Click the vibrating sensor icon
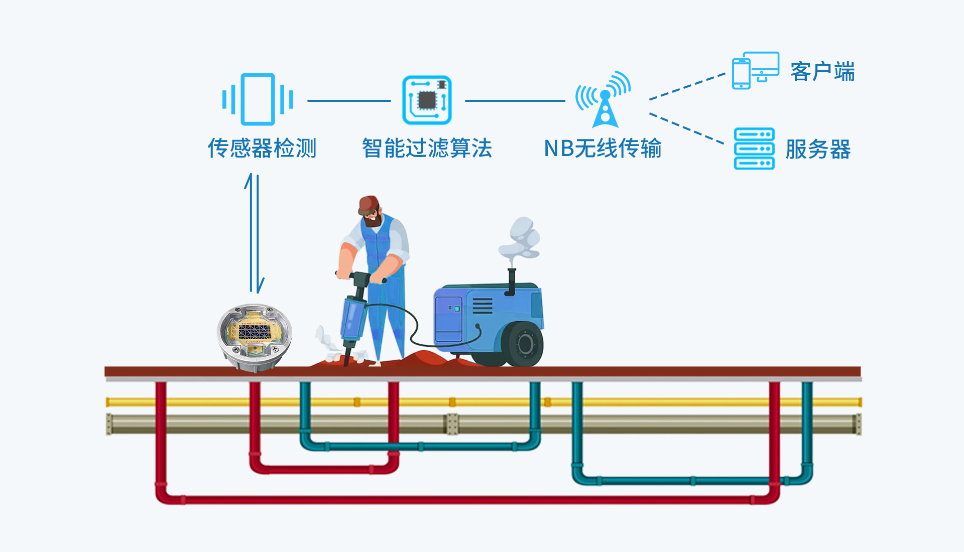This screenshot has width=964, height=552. click(x=258, y=99)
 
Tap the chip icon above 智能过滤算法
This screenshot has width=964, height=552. click(x=427, y=100)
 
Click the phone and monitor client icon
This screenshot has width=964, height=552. click(x=755, y=70)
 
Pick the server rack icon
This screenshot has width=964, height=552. click(x=754, y=149)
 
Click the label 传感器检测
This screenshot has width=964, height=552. click(x=262, y=148)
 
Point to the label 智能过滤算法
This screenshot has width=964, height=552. click(x=427, y=148)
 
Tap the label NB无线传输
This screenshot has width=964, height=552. click(x=602, y=148)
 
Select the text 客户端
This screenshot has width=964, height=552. click(x=822, y=72)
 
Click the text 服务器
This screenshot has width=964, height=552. click(x=818, y=150)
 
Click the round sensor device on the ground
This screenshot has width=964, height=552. click(x=255, y=336)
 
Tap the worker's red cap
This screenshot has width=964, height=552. click(x=369, y=203)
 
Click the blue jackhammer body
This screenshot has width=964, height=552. click(x=353, y=316)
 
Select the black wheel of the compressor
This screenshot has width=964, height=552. click(x=525, y=344)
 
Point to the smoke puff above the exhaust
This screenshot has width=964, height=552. click(x=521, y=238)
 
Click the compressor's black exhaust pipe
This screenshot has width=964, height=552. click(x=512, y=281)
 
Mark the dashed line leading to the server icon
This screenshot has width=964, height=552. click(x=686, y=128)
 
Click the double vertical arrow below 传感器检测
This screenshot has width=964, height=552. click(x=255, y=233)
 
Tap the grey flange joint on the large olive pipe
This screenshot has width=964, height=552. click(x=452, y=424)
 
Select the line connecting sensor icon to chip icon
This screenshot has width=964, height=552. click(x=349, y=101)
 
